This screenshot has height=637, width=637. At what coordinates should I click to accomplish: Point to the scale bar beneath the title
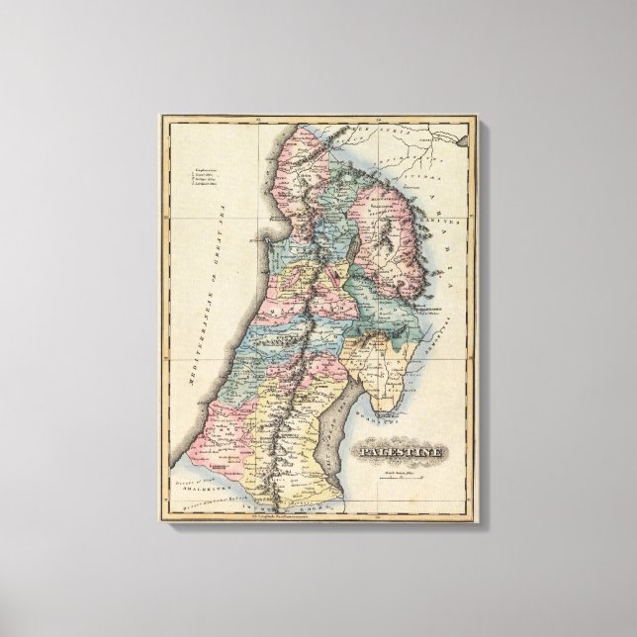(x=409, y=482)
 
